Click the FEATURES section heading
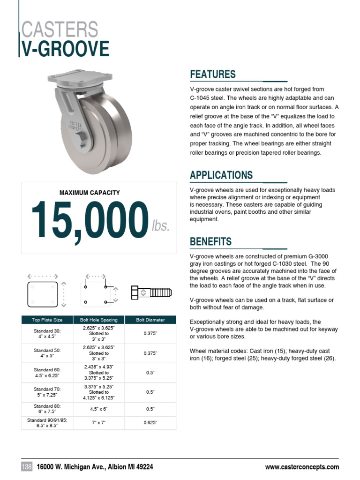click(212, 75)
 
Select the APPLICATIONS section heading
click(221, 175)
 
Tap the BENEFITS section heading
click(210, 242)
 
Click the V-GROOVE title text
click(66, 49)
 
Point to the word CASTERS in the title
click(60, 29)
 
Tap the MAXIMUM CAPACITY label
click(90, 193)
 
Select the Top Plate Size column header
click(47, 320)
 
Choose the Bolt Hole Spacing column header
click(99, 320)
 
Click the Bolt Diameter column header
click(150, 320)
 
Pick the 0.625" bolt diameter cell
click(150, 423)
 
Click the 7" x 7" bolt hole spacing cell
click(99, 423)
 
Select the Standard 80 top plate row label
click(47, 409)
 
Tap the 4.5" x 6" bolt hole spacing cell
click(99, 409)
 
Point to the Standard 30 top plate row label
click(47, 334)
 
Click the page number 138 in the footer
click(27, 467)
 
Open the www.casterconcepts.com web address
click(302, 467)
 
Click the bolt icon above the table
click(151, 292)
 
